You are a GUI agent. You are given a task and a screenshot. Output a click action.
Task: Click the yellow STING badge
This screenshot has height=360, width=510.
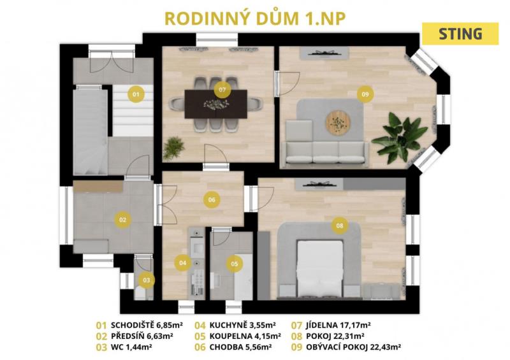click(x=460, y=34)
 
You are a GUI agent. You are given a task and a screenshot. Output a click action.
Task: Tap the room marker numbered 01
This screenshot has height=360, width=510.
click(x=136, y=94)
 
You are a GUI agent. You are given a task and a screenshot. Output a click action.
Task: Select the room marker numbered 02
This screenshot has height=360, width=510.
click(x=122, y=220)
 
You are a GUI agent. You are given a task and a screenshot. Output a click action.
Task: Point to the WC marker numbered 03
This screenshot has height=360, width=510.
click(x=147, y=280)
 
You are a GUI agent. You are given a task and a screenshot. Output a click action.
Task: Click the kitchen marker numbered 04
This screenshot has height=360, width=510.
click(x=183, y=263)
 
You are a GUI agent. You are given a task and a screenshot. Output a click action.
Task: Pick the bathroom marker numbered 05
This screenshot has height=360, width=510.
click(x=235, y=264)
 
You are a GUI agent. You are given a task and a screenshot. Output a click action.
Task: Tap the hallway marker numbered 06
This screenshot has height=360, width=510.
click(x=212, y=199)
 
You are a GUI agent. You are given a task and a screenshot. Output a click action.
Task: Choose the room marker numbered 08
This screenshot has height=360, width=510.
click(x=340, y=226)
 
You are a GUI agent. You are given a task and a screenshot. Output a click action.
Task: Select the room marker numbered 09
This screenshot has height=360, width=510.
click(x=365, y=94)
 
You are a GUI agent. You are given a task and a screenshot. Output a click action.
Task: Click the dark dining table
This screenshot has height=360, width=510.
click(x=216, y=104)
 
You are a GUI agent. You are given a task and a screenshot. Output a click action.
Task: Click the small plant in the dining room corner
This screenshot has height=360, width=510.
click(x=173, y=148)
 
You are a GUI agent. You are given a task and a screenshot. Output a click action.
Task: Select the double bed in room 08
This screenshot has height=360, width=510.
click(x=320, y=268)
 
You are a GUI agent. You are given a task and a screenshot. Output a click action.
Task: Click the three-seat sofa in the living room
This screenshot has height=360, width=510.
click(x=325, y=152)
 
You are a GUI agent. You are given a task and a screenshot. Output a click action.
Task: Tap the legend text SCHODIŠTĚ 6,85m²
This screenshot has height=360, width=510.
click(x=147, y=325)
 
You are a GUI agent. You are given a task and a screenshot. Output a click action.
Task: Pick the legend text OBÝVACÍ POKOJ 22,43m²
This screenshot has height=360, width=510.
click(x=353, y=347)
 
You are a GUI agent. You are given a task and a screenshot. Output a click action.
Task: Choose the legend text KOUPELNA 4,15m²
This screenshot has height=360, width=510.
click(x=245, y=336)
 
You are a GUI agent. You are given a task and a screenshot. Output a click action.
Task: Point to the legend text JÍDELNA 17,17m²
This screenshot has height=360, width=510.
click(x=339, y=325)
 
